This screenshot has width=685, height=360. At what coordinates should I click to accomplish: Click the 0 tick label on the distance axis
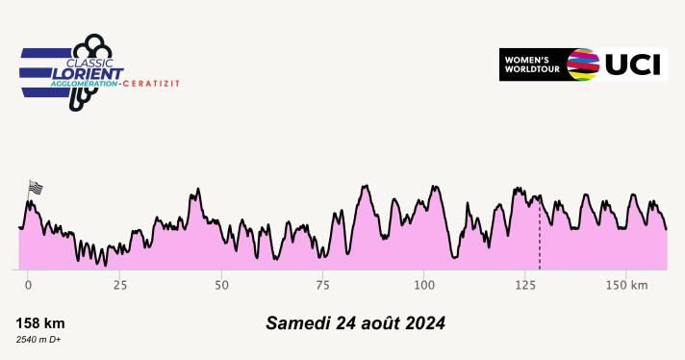(28, 286)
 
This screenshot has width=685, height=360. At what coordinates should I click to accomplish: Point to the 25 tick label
(120, 286)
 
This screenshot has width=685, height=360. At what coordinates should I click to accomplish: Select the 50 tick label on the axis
(222, 286)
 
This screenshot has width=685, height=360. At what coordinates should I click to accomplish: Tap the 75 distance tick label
(323, 286)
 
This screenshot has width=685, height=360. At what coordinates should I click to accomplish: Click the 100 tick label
(424, 286)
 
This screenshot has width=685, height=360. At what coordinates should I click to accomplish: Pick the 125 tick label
(525, 286)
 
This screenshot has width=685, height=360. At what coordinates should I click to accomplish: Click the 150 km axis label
(633, 286)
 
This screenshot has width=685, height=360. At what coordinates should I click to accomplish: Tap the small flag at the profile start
(37, 188)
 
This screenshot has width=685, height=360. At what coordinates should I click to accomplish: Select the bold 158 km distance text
(40, 323)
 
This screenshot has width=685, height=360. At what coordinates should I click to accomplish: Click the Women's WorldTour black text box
(531, 64)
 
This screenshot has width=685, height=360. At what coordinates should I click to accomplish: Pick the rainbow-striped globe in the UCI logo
(584, 64)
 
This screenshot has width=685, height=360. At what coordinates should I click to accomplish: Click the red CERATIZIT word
(151, 84)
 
